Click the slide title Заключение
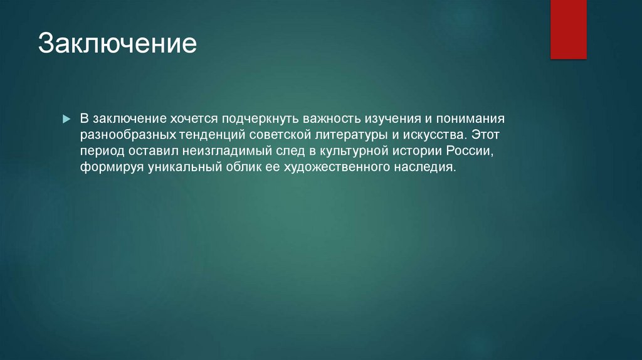117,43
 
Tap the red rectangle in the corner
568,29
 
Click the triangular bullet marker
66,119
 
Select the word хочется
194,119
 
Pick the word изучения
392,119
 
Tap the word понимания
470,119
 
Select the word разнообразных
128,135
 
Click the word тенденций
212,135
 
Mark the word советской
280,135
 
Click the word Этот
485,134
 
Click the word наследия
424,167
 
